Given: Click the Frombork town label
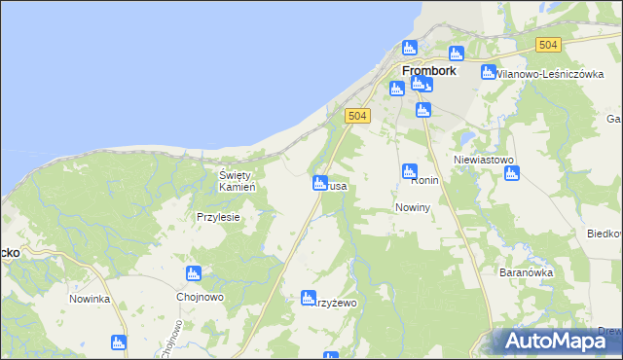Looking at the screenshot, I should [x=431, y=70].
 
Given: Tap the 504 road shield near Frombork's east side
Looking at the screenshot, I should [x=548, y=45].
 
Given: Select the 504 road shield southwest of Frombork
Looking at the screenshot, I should [x=357, y=116].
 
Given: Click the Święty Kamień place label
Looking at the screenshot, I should [x=237, y=181].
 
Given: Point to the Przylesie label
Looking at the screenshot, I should [x=218, y=218].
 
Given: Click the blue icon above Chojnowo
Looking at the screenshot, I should [x=194, y=273].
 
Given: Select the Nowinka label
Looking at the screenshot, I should [x=90, y=299].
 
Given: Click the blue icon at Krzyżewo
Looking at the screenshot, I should [x=309, y=298].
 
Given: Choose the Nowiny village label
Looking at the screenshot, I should [x=414, y=208].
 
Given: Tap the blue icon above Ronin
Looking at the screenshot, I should [x=410, y=171].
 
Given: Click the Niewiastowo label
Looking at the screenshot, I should [x=484, y=160].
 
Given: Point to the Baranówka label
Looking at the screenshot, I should [x=527, y=272].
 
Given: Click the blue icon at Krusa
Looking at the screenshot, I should [x=319, y=182].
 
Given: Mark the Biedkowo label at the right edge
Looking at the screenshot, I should [x=605, y=234].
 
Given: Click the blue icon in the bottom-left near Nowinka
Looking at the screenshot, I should [x=119, y=342].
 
